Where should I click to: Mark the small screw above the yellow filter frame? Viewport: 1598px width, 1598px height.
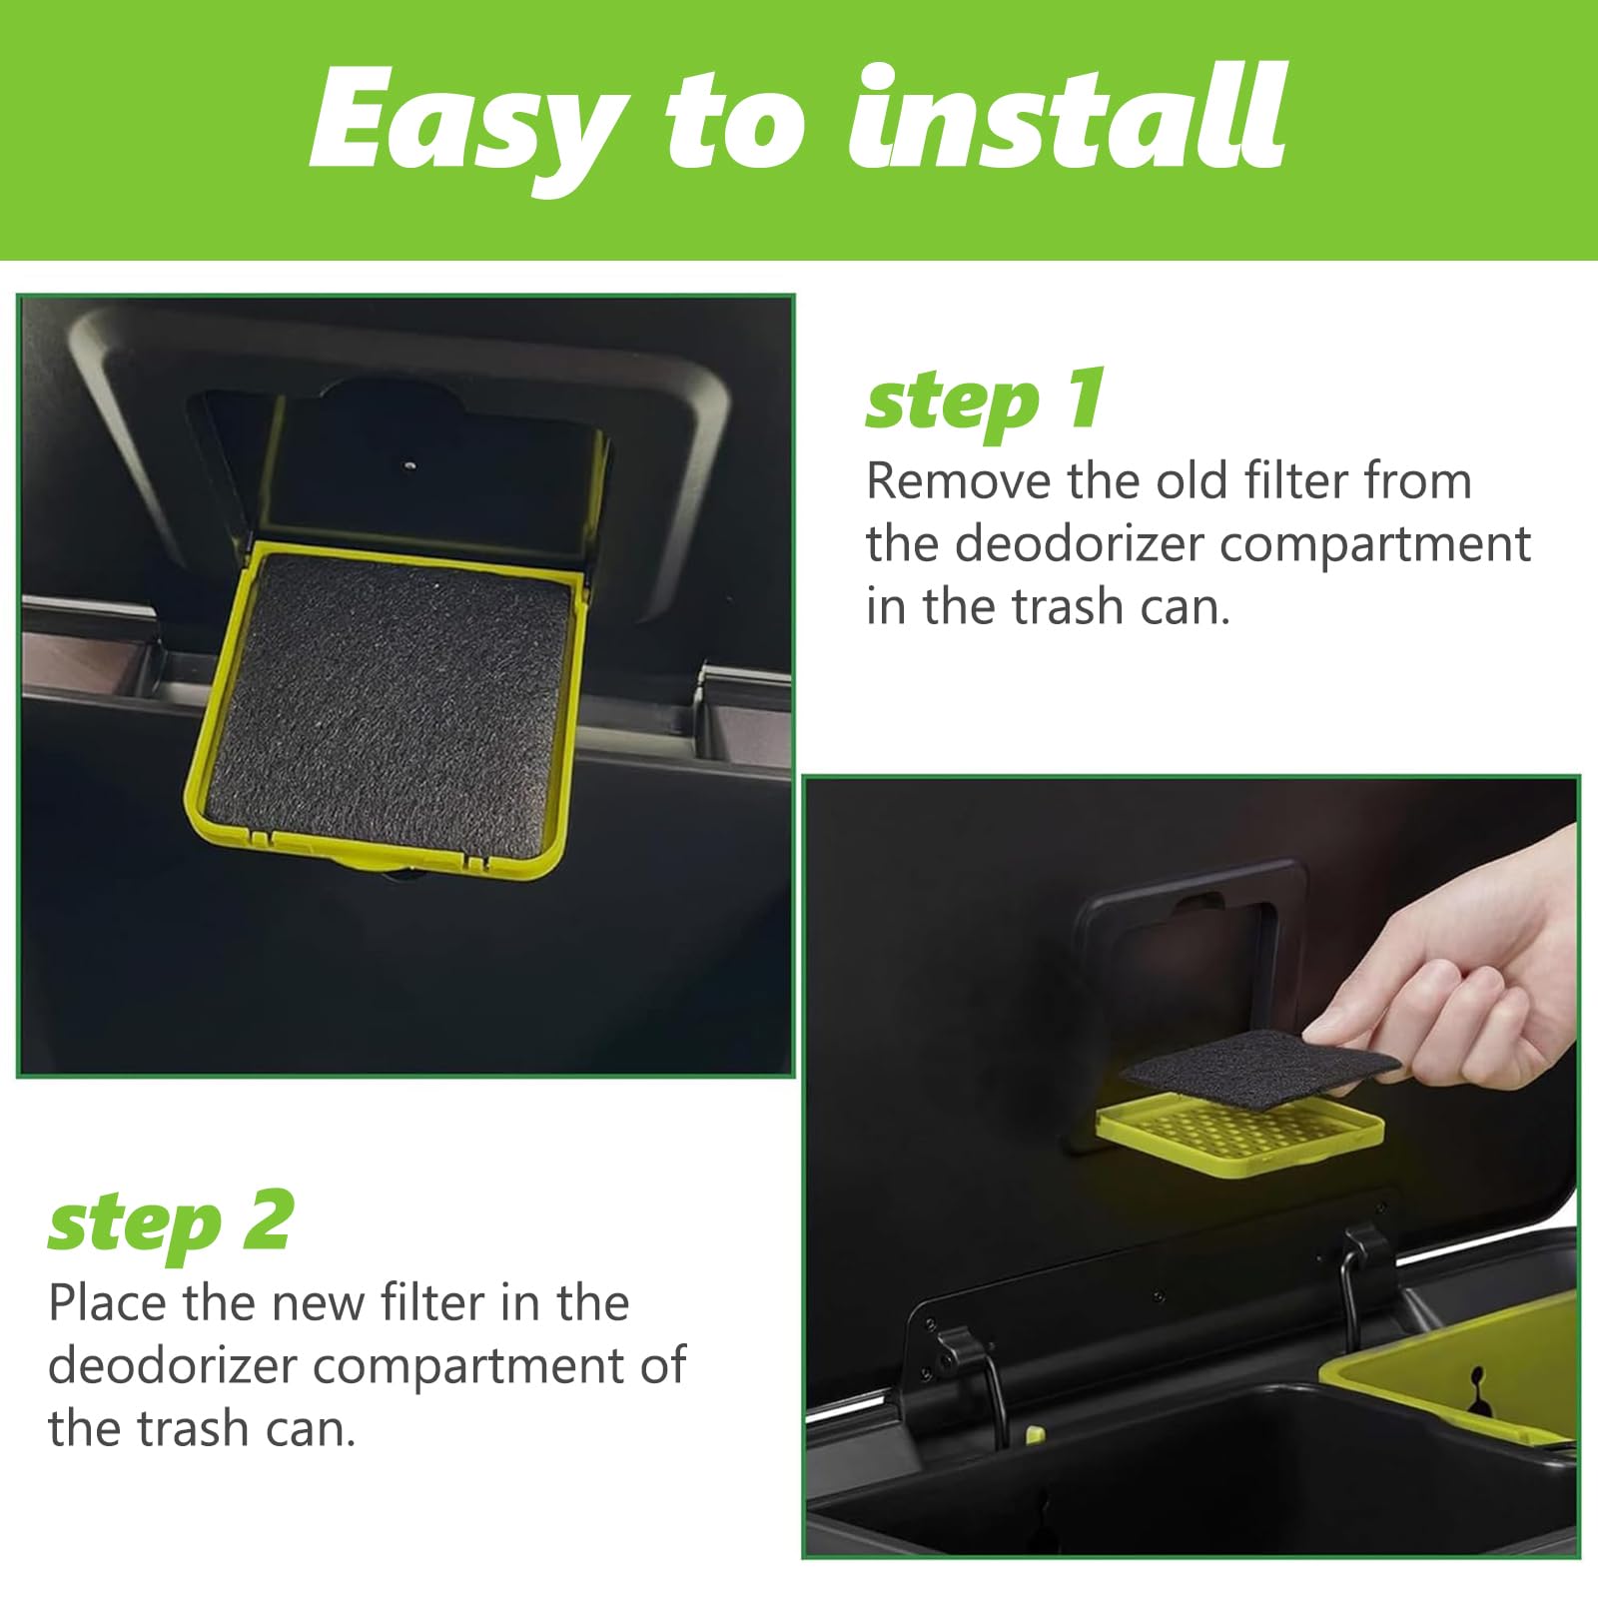click(x=409, y=463)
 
